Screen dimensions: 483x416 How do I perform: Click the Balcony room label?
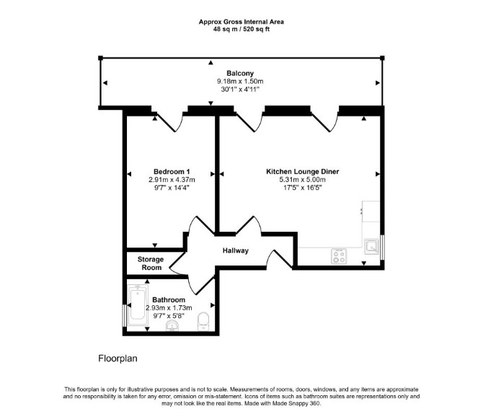coord(240,73)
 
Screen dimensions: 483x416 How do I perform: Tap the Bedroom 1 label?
coord(172,171)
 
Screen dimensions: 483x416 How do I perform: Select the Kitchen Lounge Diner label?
coord(303,171)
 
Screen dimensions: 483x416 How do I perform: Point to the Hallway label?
coord(236,250)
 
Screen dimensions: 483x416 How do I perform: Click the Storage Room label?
coord(151,263)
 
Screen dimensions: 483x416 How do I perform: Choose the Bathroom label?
coord(169,300)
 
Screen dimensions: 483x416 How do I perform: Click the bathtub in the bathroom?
coord(138,305)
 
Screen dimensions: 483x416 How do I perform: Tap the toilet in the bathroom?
coord(203,322)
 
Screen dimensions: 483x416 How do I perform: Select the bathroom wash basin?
coord(172,325)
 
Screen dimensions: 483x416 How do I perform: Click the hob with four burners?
coord(339,256)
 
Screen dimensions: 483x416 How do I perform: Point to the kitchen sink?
coord(371,246)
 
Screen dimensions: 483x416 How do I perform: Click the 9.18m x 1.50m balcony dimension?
coord(240,81)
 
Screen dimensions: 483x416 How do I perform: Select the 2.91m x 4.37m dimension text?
coord(172,180)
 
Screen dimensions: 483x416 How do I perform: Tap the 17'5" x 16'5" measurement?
coord(303,188)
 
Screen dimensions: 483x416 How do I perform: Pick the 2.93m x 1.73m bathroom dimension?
coord(169,308)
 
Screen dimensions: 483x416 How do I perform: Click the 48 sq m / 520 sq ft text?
coord(241,30)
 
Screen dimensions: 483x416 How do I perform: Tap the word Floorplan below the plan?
coord(118,358)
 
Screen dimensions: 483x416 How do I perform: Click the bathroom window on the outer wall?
coord(124,316)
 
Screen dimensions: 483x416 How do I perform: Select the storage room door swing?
coord(178,263)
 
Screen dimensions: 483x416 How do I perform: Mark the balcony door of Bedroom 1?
coord(169,121)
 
